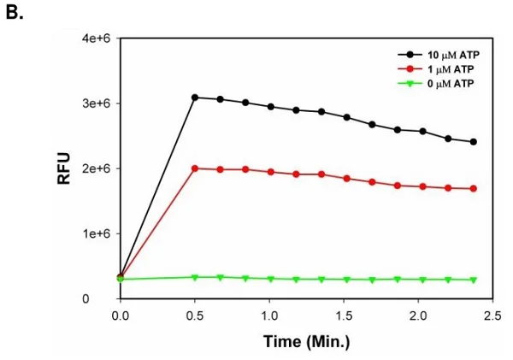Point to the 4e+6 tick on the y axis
click(x=95, y=38)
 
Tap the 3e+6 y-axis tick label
click(x=95, y=103)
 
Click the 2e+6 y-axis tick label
click(x=95, y=168)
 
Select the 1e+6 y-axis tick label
click(x=95, y=233)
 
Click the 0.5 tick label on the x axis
click(x=195, y=316)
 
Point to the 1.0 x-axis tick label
click(x=269, y=316)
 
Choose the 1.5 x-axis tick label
click(x=343, y=316)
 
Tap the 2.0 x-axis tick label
click(x=417, y=316)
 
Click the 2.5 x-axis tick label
click(x=491, y=316)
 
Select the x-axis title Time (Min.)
click(x=306, y=341)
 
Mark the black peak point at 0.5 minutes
click(x=195, y=97)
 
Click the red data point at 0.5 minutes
click(x=195, y=168)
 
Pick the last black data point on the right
click(x=473, y=142)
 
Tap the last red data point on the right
click(x=473, y=189)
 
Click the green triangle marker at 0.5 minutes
click(x=195, y=277)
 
